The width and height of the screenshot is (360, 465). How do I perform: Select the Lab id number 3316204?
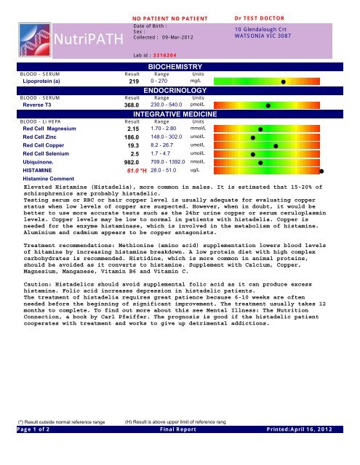point(172,54)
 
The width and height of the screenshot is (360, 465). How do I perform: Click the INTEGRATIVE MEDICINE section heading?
point(173,114)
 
